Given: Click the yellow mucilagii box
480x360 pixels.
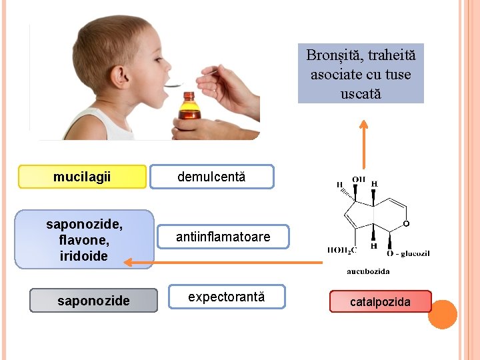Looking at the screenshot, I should point(82,177).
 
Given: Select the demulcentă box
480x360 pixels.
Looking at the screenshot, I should point(211,177).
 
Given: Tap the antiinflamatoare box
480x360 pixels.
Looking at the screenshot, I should point(223,237).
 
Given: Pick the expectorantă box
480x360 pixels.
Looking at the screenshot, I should point(227,297).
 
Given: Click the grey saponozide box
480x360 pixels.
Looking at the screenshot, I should point(94,301).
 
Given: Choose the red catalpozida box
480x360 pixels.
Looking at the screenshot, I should point(381,302).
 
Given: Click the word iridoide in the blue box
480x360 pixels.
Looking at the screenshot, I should point(83,256).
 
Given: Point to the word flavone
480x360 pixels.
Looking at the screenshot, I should point(83,240).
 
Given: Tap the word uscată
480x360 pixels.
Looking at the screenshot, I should point(361,93).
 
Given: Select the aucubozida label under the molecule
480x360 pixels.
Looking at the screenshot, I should point(368,271).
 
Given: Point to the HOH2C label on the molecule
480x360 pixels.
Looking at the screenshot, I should point(341,251).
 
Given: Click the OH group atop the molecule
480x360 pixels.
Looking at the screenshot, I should point(359,179).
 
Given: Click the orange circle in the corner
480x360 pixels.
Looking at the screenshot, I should point(442,314).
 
